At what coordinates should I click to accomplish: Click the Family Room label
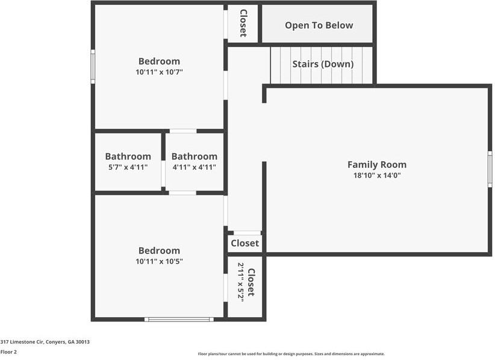click(376, 164)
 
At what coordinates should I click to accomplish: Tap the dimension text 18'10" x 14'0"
click(376, 176)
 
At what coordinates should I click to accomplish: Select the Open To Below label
click(319, 25)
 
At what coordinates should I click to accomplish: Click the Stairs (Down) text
click(323, 64)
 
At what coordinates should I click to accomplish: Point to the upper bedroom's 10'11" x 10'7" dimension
click(159, 72)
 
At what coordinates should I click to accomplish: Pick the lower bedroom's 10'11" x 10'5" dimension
click(159, 261)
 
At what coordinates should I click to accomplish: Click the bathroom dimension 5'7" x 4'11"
click(128, 167)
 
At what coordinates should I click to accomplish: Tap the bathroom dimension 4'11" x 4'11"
click(194, 167)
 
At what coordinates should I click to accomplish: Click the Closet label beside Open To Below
click(243, 23)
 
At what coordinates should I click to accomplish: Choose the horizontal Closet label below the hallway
click(244, 243)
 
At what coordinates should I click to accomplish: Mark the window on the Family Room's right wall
click(490, 169)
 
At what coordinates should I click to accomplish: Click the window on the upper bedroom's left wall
click(93, 66)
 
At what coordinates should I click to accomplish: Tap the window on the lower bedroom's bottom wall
click(179, 319)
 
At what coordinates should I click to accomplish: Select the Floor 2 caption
click(8, 352)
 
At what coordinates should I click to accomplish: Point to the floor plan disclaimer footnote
click(291, 354)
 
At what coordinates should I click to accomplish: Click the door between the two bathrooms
click(163, 173)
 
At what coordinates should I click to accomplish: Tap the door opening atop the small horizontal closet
click(247, 233)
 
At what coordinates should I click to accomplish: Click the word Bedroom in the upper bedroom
click(159, 61)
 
